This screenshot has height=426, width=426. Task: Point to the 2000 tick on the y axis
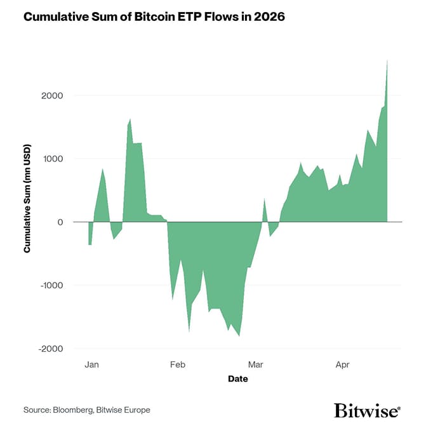[x=52, y=95]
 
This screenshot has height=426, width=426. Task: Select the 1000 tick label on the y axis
[x=52, y=159]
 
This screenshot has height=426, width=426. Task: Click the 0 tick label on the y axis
[x=60, y=222]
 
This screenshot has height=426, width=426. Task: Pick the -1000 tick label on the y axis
[x=51, y=286]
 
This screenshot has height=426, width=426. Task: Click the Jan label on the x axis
[x=91, y=365]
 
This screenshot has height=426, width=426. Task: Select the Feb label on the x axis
[x=177, y=365]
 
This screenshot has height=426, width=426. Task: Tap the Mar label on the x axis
[x=255, y=365]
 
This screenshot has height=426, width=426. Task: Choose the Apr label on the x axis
[x=342, y=365]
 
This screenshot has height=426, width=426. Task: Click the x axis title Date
[x=238, y=379]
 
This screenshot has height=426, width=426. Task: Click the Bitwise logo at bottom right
[x=367, y=409]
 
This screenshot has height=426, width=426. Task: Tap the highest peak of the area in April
[x=387, y=60]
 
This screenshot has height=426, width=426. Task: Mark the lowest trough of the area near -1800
[x=239, y=336]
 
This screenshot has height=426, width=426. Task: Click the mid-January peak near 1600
[x=130, y=119]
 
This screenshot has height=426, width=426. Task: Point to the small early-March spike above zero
[x=264, y=199]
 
